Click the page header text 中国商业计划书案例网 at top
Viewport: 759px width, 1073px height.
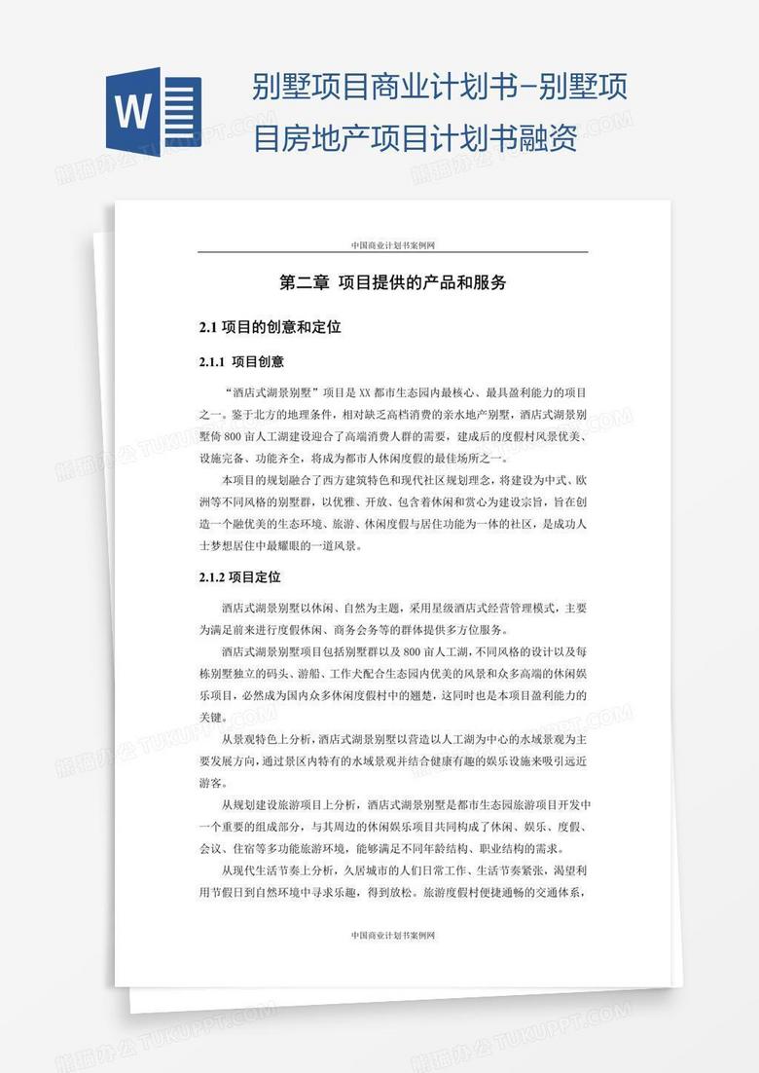[x=392, y=245]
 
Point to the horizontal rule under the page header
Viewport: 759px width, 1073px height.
[x=392, y=253]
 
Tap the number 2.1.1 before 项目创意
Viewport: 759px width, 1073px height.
[x=212, y=362]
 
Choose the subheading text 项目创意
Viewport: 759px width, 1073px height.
[x=258, y=362]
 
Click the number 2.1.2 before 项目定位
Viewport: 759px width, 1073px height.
[x=212, y=577]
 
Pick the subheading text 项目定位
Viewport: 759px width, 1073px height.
[x=255, y=577]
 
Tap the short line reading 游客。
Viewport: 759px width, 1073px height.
[x=211, y=783]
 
